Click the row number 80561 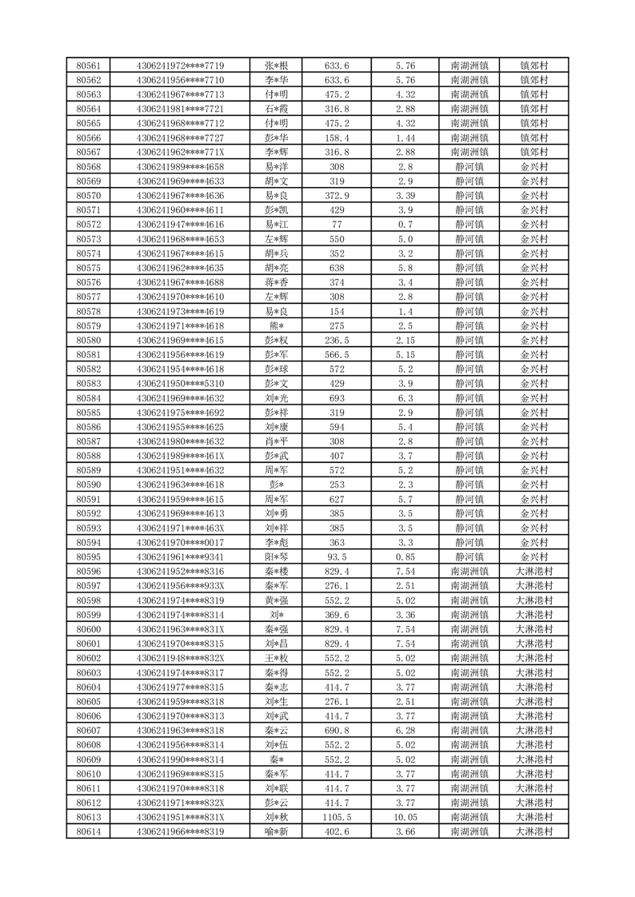pyautogui.click(x=88, y=66)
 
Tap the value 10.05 pyautogui.click(x=405, y=817)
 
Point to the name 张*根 pyautogui.click(x=277, y=66)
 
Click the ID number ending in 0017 pyautogui.click(x=180, y=542)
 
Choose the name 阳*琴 pyautogui.click(x=277, y=556)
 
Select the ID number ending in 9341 pyautogui.click(x=180, y=556)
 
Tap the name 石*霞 pyautogui.click(x=277, y=109)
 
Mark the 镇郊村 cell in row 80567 pyautogui.click(x=533, y=152)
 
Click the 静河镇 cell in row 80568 pyautogui.click(x=469, y=166)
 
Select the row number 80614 pyautogui.click(x=88, y=831)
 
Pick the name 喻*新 pyautogui.click(x=277, y=831)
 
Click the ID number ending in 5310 pyautogui.click(x=180, y=384)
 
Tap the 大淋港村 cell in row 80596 pyautogui.click(x=533, y=571)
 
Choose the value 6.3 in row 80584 pyautogui.click(x=405, y=398)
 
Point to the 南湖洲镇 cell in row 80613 pyautogui.click(x=469, y=817)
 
